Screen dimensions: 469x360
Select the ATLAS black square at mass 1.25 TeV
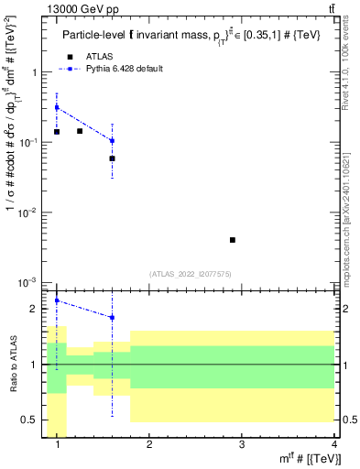80,131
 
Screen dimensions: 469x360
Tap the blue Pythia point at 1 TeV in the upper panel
57,107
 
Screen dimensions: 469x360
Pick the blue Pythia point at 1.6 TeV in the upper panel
112,141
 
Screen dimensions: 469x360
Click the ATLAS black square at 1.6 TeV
112,158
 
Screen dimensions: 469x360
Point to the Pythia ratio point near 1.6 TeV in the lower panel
112,318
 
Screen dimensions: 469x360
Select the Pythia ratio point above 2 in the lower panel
57,300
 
